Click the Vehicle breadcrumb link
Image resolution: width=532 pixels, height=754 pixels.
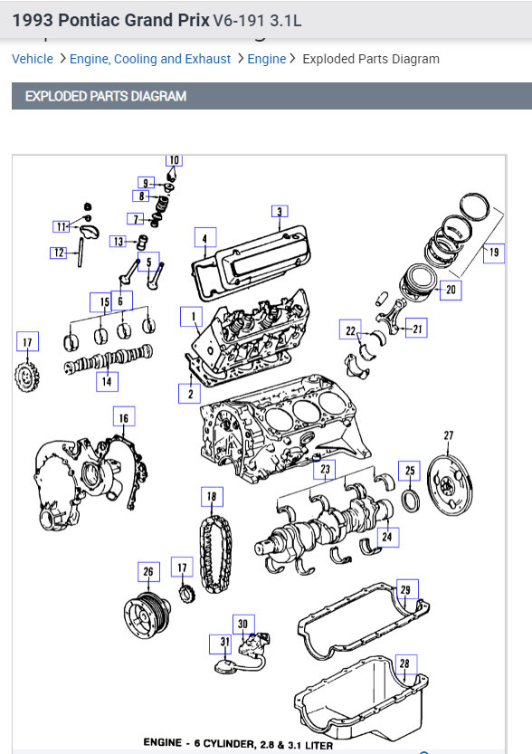(x=33, y=59)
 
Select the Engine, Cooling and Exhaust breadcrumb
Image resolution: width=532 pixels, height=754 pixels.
(x=150, y=59)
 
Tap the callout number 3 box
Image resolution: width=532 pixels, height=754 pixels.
(x=280, y=212)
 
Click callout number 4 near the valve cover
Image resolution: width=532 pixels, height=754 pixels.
(x=205, y=238)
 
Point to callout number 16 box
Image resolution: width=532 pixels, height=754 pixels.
(x=124, y=417)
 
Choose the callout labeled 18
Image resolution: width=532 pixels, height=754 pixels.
(x=212, y=496)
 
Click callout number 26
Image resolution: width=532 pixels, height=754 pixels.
(x=148, y=572)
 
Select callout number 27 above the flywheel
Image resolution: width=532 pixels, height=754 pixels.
(x=449, y=435)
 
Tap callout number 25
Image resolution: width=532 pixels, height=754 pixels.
(x=410, y=471)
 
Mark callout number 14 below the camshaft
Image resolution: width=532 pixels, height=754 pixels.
(x=107, y=382)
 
